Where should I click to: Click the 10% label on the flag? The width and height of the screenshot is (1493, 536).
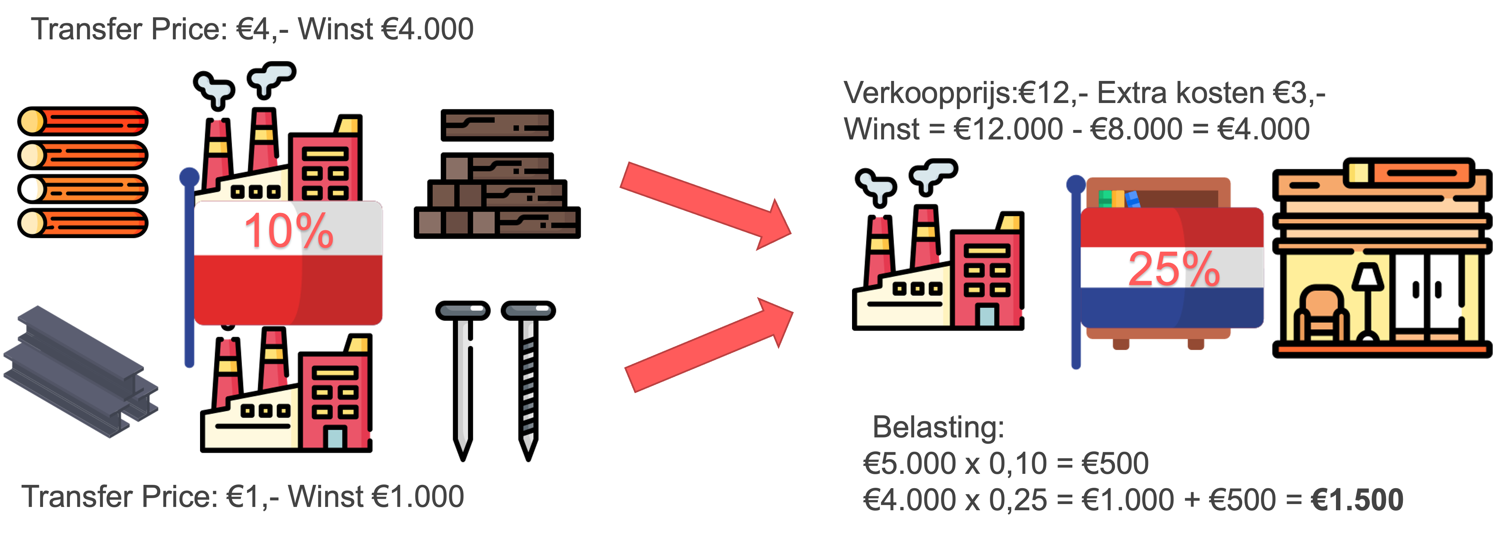point(289,231)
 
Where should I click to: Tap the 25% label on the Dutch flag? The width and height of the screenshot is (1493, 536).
point(1174,269)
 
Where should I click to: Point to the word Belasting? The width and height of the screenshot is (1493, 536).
point(938,427)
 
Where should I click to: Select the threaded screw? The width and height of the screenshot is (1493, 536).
point(528,377)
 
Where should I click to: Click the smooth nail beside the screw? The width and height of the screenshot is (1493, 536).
point(463,377)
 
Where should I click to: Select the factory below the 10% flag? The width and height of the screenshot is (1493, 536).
point(287,394)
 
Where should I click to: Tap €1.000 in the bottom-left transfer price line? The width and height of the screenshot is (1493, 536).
point(417,497)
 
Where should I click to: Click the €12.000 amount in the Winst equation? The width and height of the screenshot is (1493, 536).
point(1008,129)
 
